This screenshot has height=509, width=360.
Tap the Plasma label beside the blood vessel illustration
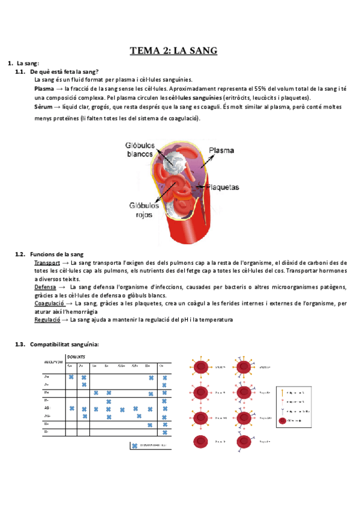coord(221,150)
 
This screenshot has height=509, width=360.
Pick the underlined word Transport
coord(47,263)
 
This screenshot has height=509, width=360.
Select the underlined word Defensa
coord(46,288)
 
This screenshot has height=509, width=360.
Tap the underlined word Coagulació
coord(49,304)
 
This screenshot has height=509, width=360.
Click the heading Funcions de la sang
coord(56,254)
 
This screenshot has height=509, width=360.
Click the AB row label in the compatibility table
coord(46,408)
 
